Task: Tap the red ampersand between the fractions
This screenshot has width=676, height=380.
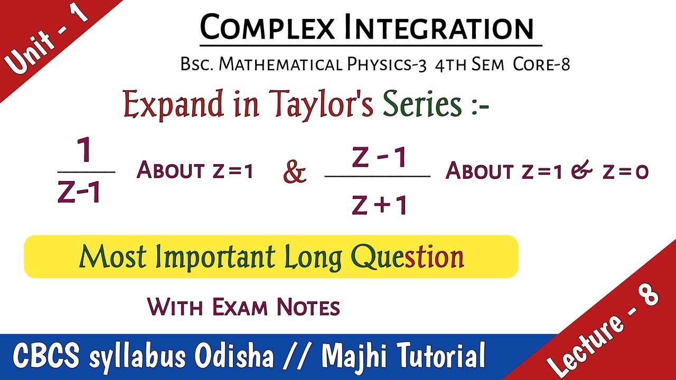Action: tap(295, 172)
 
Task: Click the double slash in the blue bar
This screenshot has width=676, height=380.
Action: tap(298, 356)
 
